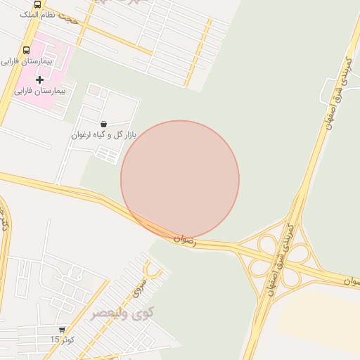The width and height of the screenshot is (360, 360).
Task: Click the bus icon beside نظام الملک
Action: coord(37,4)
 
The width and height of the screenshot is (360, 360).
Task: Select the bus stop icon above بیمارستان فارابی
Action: coord(26,50)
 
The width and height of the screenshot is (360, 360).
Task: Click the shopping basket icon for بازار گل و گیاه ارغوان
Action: coord(104,124)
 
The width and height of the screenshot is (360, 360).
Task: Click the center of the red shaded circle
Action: coord(180,180)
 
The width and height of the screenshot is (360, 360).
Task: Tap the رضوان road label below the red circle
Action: coord(185,240)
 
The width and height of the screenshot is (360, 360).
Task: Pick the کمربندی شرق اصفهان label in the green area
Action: coord(337,91)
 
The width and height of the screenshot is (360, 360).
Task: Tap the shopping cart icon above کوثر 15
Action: coord(62,329)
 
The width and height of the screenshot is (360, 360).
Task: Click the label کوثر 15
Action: coord(62,340)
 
